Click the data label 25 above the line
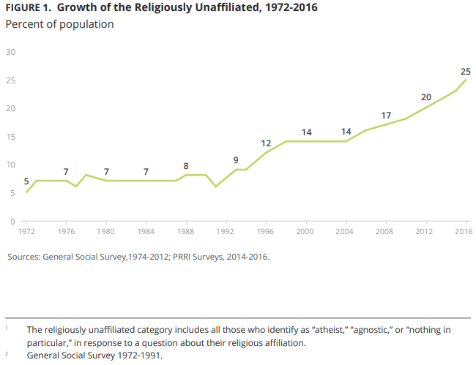[466, 71]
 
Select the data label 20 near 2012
[426, 97]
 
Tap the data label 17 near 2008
[387, 116]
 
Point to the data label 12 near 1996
[267, 143]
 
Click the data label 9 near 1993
[236, 159]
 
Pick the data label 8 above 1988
[186, 165]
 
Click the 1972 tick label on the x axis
[26, 231]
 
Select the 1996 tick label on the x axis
[265, 231]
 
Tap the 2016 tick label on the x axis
[463, 231]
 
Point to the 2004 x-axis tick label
[344, 231]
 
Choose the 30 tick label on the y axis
[11, 52]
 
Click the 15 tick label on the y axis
[11, 137]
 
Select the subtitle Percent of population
[59, 24]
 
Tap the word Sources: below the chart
[23, 257]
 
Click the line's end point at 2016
[466, 80]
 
